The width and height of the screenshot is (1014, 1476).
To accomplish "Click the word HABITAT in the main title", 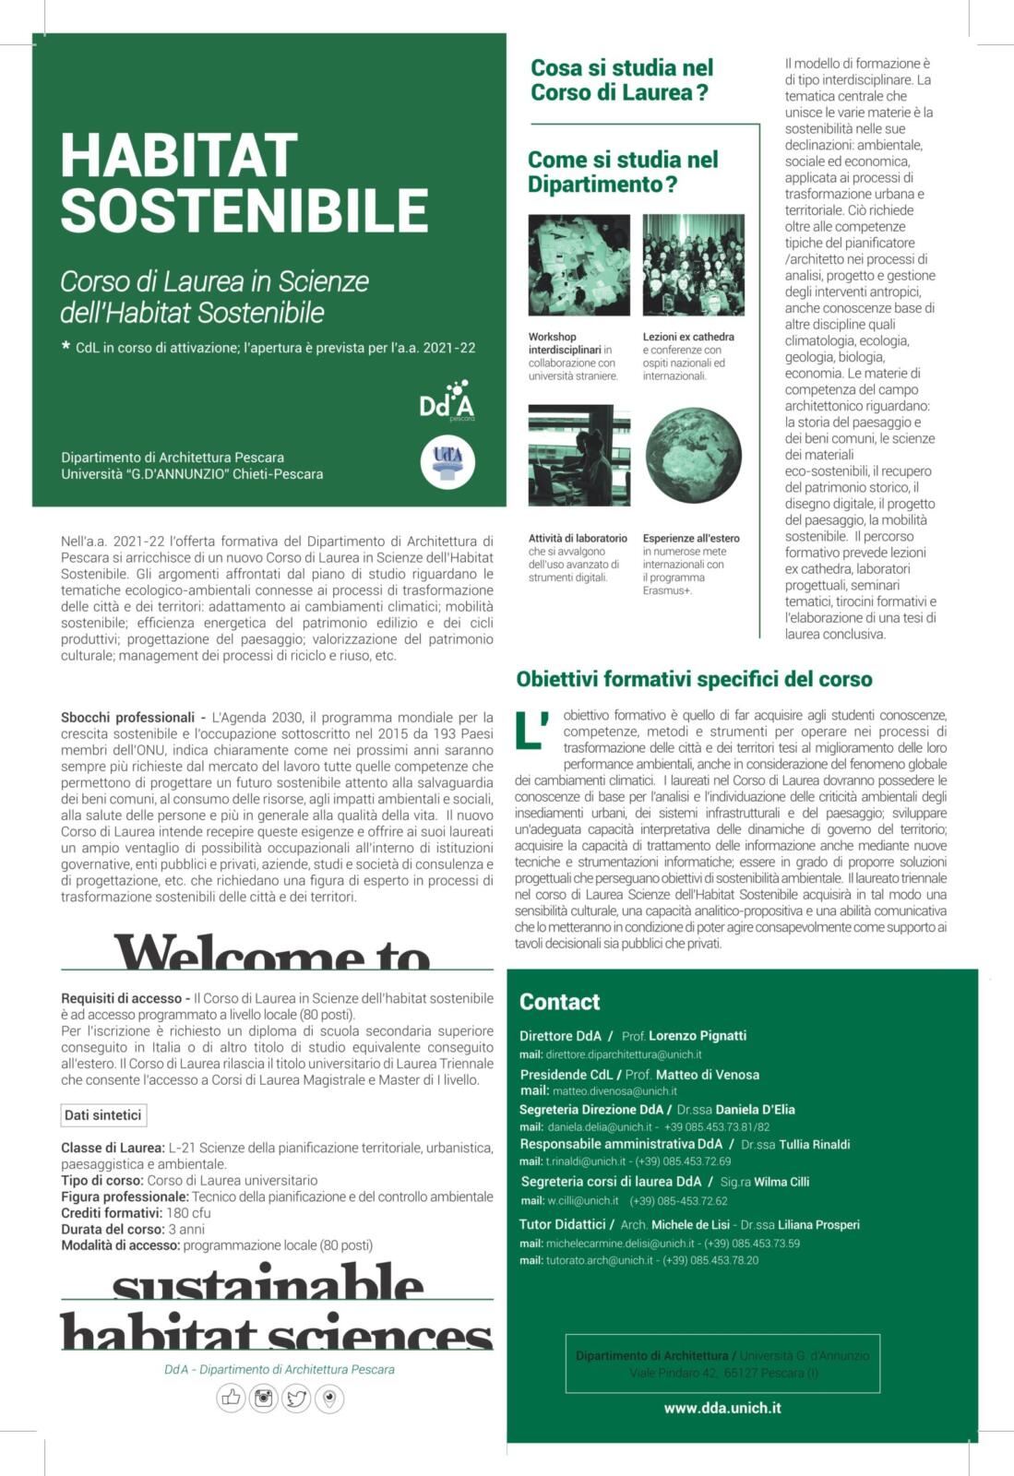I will tap(179, 156).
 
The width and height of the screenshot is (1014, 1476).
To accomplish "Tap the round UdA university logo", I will tap(447, 460).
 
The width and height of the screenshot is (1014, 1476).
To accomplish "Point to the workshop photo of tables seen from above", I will tap(579, 266).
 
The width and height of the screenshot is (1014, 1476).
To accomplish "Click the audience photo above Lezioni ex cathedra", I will tap(693, 266).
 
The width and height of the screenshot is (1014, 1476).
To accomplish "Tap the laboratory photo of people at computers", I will tap(579, 456).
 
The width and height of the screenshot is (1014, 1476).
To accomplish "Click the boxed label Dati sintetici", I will tap(103, 1115).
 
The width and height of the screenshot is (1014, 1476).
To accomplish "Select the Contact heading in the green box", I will tap(559, 1002).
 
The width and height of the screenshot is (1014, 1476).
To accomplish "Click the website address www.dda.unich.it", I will tap(722, 1408).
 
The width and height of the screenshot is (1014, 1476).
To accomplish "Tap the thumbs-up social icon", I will tap(231, 1399).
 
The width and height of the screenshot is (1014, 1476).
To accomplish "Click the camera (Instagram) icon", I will tap(264, 1399).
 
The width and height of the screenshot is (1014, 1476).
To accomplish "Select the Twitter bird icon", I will tap(296, 1399).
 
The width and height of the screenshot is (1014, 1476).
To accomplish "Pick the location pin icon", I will tap(329, 1399).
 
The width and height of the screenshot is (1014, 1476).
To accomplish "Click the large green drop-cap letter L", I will tap(531, 729).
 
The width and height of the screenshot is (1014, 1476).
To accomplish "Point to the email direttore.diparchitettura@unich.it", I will tap(624, 1054).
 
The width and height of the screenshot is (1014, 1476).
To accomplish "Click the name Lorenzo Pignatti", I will tap(698, 1036).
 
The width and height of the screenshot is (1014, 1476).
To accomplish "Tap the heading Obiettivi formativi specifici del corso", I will tap(694, 680).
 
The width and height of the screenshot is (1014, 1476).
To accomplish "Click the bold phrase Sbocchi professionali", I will tap(127, 717).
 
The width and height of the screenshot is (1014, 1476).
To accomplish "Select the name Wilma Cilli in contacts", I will tap(781, 1182).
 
